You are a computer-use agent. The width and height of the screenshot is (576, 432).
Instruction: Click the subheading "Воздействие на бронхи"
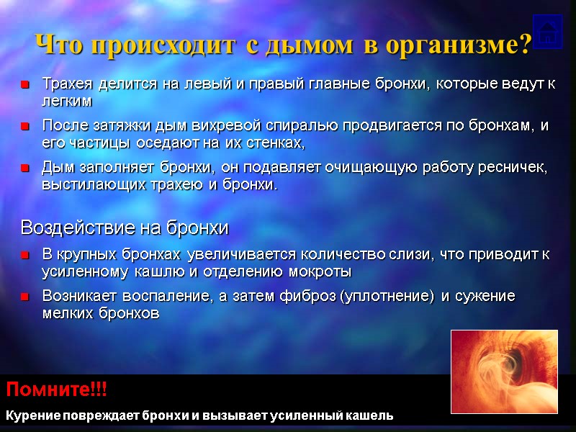click(x=125, y=228)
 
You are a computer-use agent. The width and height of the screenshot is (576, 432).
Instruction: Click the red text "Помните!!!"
click(x=56, y=391)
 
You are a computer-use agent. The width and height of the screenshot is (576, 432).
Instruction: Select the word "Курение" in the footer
click(x=32, y=415)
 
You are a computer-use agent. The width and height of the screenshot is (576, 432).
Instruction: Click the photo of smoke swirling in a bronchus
click(x=504, y=372)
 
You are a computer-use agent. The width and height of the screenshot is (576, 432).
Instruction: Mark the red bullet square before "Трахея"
click(x=25, y=85)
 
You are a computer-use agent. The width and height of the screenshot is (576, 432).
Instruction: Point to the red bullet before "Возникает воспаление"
click(x=25, y=297)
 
